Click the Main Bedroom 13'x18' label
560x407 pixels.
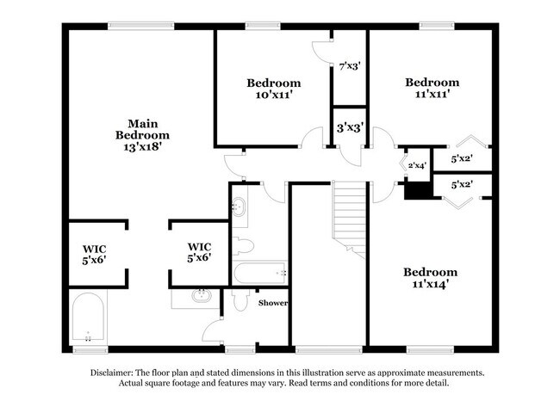click(x=142, y=135)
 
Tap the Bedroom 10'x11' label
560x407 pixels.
click(x=274, y=89)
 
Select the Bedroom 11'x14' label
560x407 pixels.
click(x=431, y=278)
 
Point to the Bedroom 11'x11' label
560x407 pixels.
click(x=432, y=88)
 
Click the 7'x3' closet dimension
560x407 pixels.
click(x=350, y=66)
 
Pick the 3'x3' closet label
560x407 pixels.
click(x=350, y=127)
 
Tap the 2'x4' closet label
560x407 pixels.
click(x=417, y=165)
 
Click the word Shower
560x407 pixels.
click(x=273, y=303)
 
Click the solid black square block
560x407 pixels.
click(x=418, y=190)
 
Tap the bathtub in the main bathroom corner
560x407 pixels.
click(x=88, y=317)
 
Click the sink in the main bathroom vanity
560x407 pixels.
click(x=202, y=296)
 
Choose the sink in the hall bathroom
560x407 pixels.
click(x=238, y=207)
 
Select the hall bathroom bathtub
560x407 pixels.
click(x=259, y=273)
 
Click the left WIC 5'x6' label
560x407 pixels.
click(x=94, y=255)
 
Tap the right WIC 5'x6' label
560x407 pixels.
click(x=199, y=252)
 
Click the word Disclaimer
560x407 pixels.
click(x=111, y=373)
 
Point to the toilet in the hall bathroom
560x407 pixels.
click(x=243, y=246)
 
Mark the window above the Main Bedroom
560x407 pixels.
click(x=141, y=26)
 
